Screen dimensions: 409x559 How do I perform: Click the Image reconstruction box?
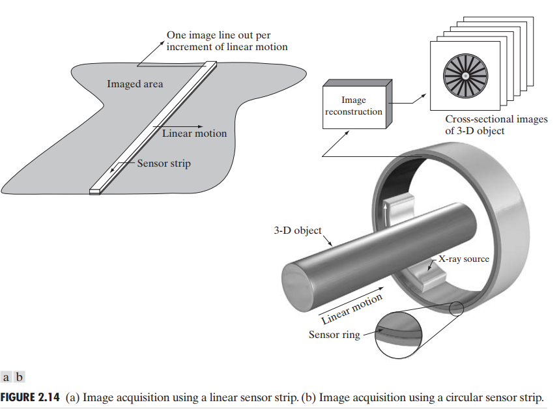(354, 106)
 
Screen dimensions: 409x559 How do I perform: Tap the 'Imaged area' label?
(135, 84)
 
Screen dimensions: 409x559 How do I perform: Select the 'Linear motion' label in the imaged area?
(194, 134)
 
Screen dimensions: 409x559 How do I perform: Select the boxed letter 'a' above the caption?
(7, 377)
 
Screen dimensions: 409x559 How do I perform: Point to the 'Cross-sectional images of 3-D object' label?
(496, 125)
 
